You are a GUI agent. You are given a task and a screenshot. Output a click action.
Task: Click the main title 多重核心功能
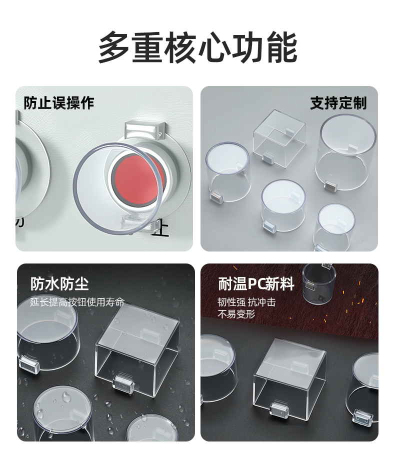pyautogui.click(x=197, y=47)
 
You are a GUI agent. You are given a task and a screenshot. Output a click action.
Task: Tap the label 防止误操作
pyautogui.click(x=59, y=103)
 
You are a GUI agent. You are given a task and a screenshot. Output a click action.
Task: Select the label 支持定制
pyautogui.click(x=338, y=103)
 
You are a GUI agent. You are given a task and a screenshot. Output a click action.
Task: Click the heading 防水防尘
pyautogui.click(x=59, y=283)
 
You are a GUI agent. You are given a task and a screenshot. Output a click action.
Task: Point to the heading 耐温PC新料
pyautogui.click(x=256, y=283)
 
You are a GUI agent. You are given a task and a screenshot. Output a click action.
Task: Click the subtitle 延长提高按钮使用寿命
pyautogui.click(x=77, y=302)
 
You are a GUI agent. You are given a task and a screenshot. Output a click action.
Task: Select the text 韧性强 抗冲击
pyautogui.click(x=247, y=302)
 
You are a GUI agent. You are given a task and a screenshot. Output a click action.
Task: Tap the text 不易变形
pyautogui.click(x=236, y=314)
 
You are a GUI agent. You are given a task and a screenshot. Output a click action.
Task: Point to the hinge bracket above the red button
pyautogui.click(x=144, y=129)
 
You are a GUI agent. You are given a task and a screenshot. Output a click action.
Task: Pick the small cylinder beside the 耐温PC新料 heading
pyautogui.click(x=319, y=283)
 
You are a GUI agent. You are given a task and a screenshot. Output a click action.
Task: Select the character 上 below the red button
pyautogui.click(x=160, y=228)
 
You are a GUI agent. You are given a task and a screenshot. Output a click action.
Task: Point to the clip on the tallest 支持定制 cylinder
pyautogui.click(x=332, y=186)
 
